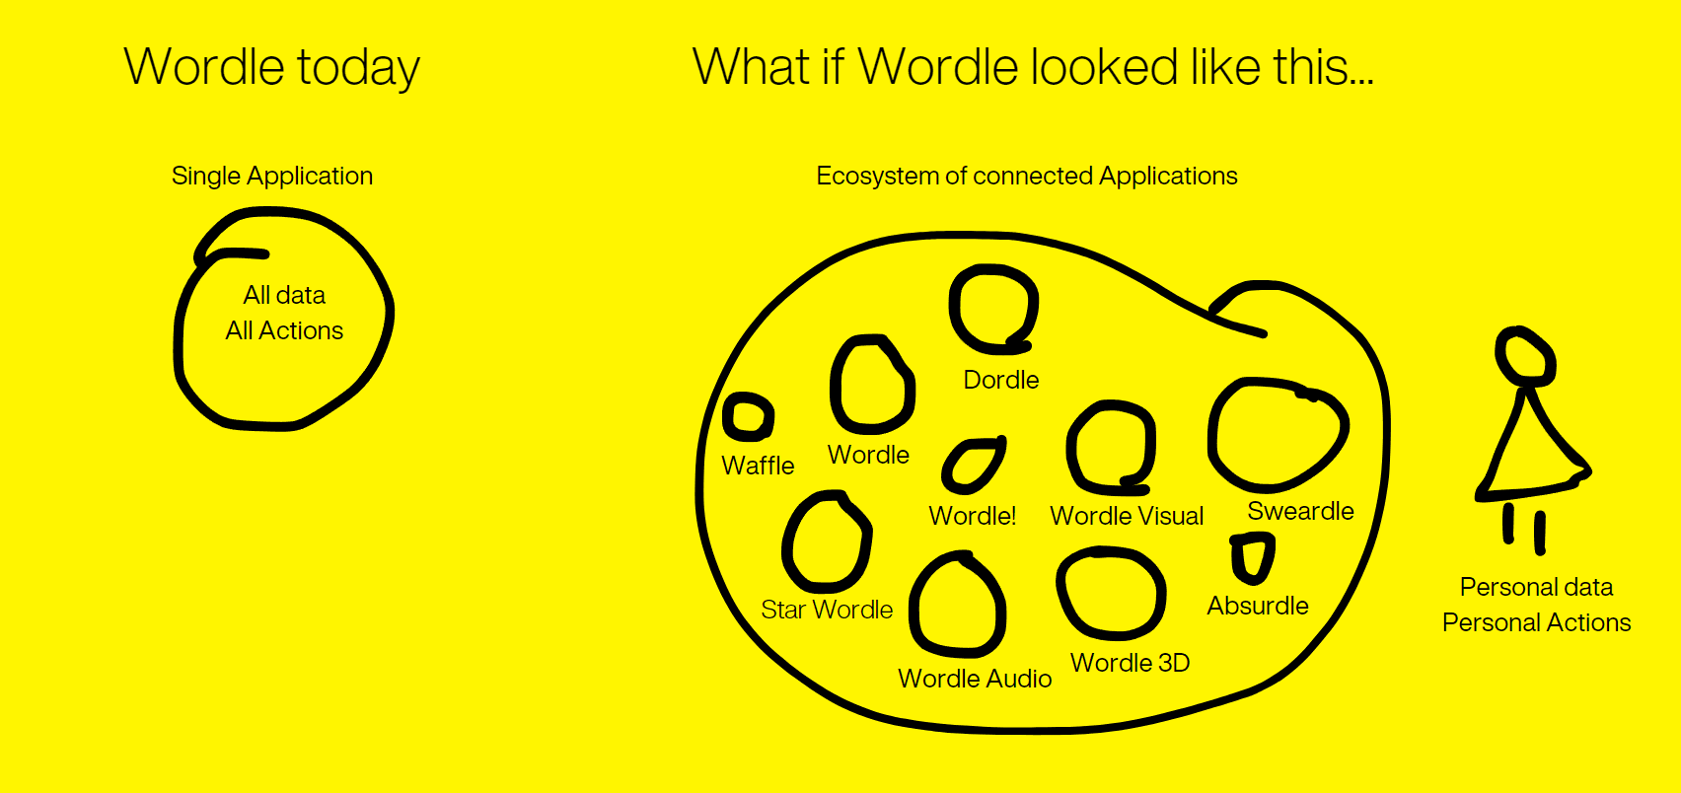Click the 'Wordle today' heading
click(272, 68)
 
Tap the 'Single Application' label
click(272, 176)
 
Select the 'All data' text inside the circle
click(284, 295)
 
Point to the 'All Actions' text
click(284, 330)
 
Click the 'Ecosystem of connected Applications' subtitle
click(1026, 176)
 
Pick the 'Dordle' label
click(1000, 380)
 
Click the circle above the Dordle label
click(992, 309)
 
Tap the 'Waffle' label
click(758, 466)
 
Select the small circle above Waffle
click(748, 416)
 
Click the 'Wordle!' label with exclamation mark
click(972, 516)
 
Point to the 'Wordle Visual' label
click(1127, 516)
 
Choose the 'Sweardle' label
click(1300, 511)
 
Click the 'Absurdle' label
click(1258, 606)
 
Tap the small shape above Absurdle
click(1253, 558)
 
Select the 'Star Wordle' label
click(827, 610)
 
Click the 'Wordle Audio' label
click(975, 679)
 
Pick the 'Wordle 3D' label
click(1130, 663)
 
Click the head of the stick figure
click(1525, 356)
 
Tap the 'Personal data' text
click(1536, 587)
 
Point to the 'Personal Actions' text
click(1536, 622)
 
